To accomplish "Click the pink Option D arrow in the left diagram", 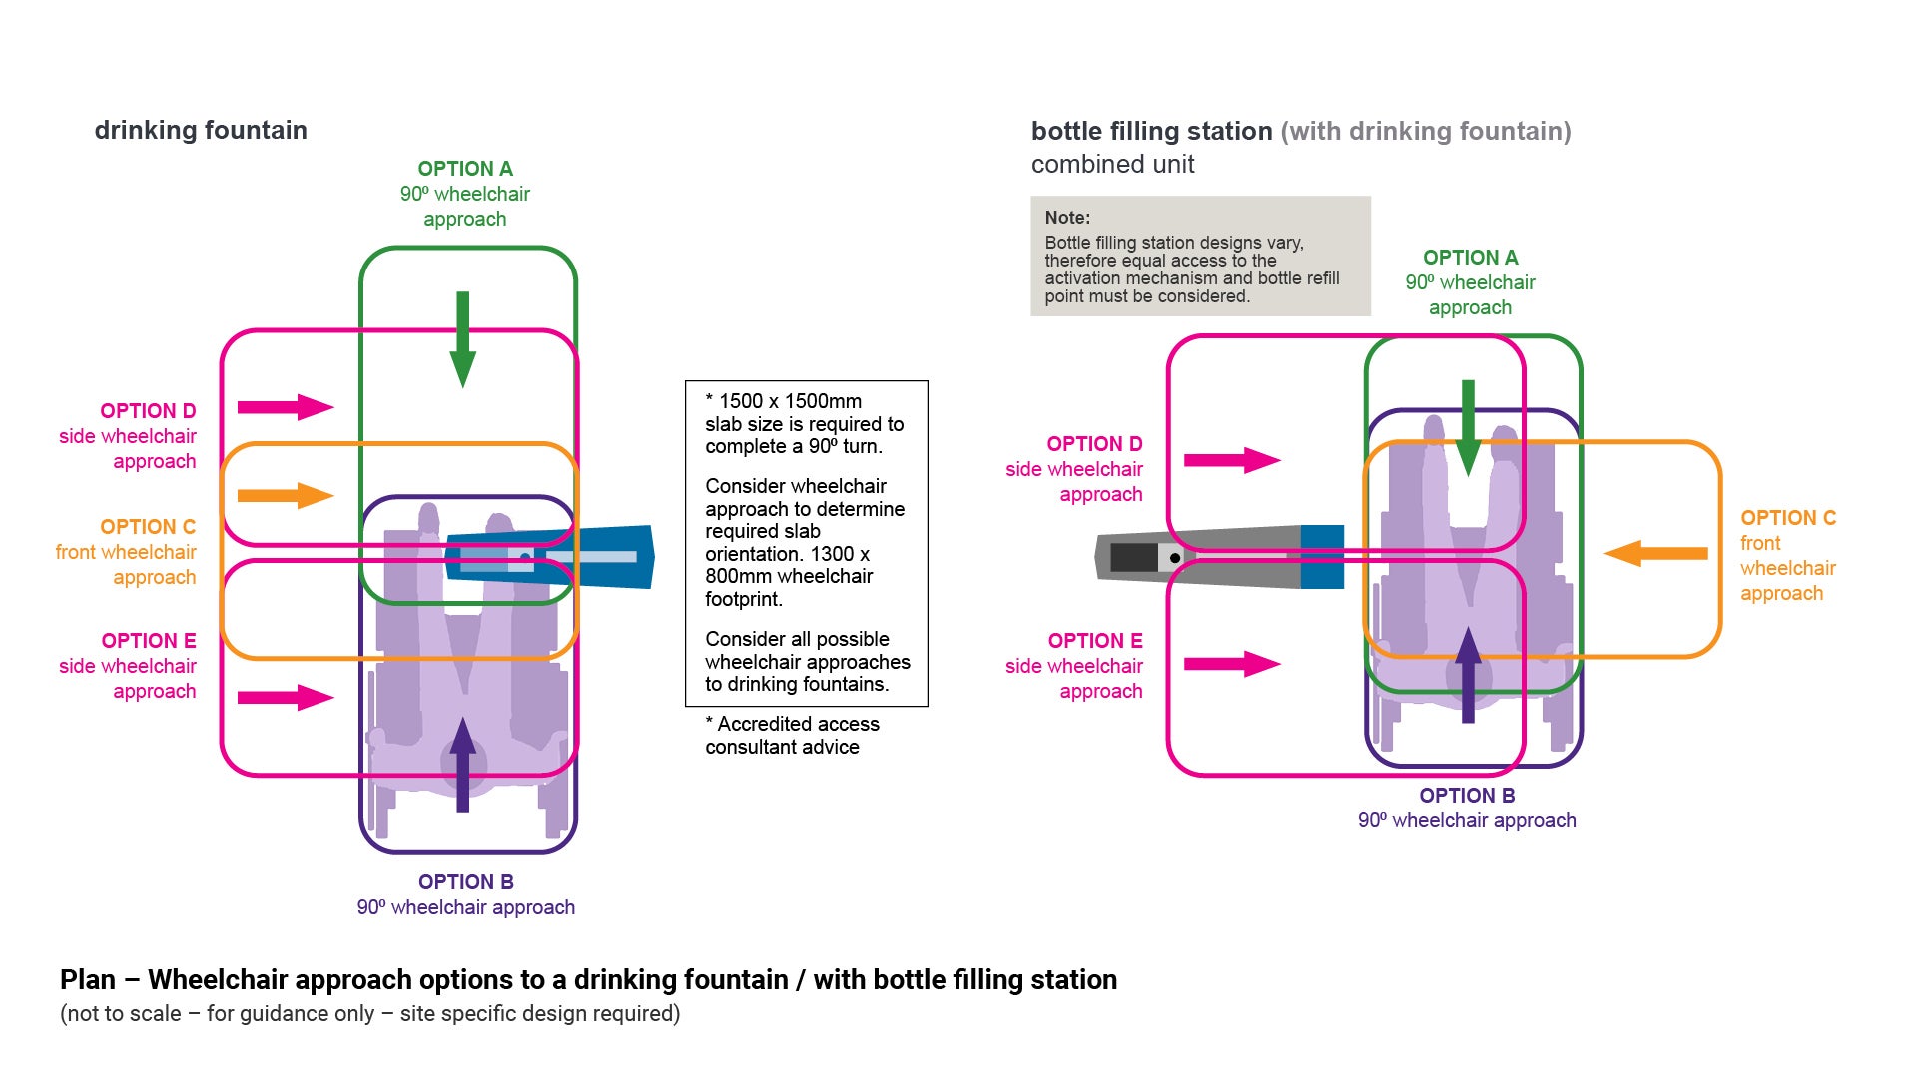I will (285, 407).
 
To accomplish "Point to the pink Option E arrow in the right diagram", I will (1231, 664).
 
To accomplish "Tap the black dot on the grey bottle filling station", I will (1175, 558).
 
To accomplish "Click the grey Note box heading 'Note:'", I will (1067, 218).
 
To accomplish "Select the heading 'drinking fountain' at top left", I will (201, 131).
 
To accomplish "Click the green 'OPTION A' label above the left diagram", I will (465, 169).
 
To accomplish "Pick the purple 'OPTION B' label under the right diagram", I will (1467, 796).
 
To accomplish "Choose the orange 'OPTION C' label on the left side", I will (148, 527).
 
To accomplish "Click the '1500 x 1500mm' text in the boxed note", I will (789, 401).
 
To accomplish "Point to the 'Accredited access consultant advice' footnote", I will (791, 736).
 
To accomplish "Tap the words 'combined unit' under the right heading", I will (1112, 165).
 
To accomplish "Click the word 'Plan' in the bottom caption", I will (88, 980).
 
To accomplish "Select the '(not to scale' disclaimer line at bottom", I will (369, 1014).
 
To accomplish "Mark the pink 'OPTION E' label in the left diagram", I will (149, 641).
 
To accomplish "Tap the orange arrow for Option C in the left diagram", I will (285, 496).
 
